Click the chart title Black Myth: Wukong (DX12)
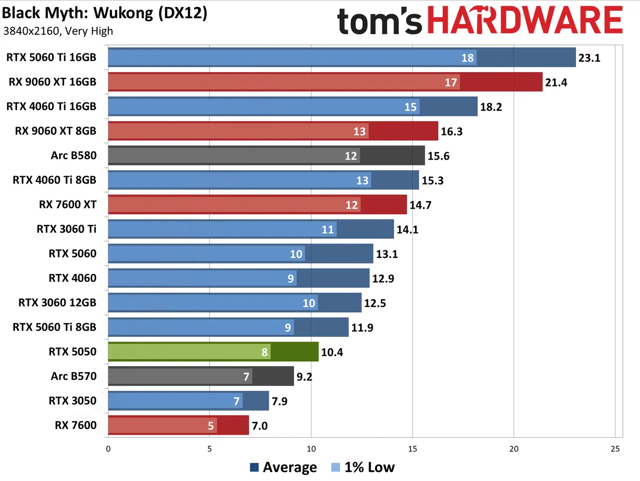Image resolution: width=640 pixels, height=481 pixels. tap(105, 13)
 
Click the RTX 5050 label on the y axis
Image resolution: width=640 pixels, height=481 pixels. tap(73, 351)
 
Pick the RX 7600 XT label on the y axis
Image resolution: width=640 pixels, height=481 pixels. tap(68, 204)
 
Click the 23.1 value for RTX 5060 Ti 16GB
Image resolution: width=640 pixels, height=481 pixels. tap(589, 58)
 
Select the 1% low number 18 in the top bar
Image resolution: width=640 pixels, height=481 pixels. tap(467, 58)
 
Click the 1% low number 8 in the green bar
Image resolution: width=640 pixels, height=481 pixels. tap(264, 351)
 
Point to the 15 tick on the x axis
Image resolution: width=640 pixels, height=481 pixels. tap(412, 449)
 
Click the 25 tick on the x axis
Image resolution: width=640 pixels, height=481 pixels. tap(615, 449)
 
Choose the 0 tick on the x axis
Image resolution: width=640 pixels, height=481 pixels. tap(108, 449)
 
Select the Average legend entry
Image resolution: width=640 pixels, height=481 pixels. tap(283, 468)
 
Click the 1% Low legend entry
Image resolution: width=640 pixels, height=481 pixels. tap(363, 468)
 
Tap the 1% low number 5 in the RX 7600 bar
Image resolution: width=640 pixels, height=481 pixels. tap(211, 425)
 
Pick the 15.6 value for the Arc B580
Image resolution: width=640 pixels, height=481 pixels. tap(438, 155)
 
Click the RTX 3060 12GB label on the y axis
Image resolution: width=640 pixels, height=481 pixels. tap(58, 303)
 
